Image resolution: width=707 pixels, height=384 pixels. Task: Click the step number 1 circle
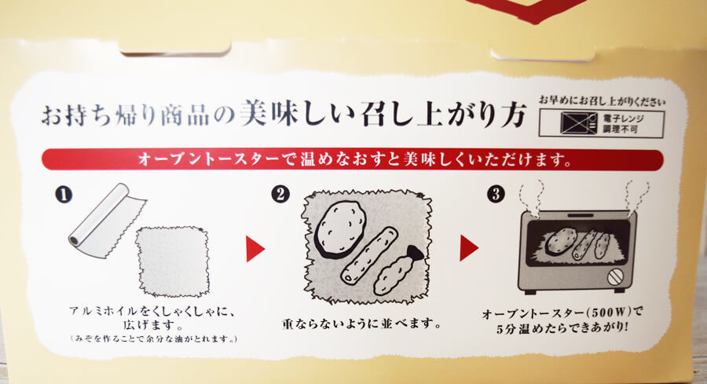64,196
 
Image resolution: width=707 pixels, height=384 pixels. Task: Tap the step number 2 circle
280,194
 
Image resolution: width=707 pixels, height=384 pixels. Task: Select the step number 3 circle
496,194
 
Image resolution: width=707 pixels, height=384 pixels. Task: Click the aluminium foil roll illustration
106,220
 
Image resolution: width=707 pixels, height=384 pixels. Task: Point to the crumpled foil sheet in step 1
173,261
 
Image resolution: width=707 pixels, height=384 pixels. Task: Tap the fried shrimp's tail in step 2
416,254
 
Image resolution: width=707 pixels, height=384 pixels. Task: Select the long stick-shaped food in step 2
369,255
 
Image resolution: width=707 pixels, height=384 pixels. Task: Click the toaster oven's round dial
615,276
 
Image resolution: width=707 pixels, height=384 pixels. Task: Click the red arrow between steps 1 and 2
255,249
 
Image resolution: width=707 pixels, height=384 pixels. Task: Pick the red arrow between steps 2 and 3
469,248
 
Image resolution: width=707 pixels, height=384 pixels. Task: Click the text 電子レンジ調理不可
625,124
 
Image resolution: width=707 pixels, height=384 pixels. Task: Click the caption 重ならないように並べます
361,324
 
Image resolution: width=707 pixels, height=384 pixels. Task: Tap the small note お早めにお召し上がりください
602,101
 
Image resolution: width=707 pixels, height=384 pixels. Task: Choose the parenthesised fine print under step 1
154,338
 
